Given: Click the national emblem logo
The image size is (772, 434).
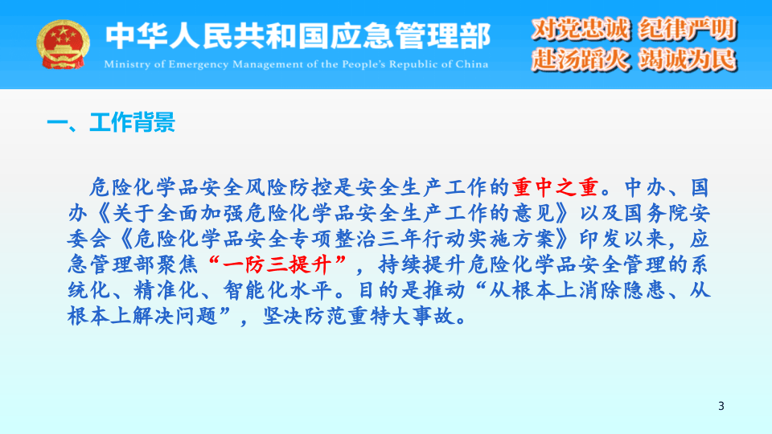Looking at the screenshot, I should [64, 44].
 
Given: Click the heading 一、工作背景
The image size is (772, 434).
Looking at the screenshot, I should [111, 123].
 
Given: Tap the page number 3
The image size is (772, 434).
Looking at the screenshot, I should [721, 407].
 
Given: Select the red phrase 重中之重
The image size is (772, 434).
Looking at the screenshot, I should [556, 188].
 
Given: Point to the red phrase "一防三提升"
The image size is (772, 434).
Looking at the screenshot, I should [281, 264].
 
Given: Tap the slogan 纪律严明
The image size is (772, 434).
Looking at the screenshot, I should [688, 30].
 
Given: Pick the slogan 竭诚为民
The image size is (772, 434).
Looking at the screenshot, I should [688, 59].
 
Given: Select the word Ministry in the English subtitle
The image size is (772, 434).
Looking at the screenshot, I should [129, 63].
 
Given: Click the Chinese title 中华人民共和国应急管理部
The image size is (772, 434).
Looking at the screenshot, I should [298, 35].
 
